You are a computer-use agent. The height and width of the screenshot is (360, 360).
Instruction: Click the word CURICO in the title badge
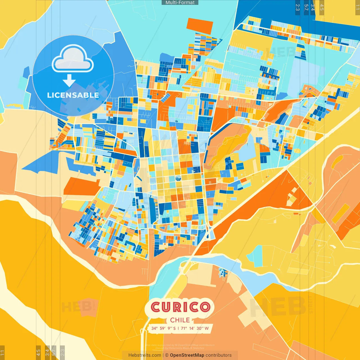tap(180, 307)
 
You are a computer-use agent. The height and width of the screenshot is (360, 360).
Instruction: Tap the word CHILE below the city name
tap(180, 320)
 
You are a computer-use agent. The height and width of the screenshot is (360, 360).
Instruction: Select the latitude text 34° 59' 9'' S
tap(163, 328)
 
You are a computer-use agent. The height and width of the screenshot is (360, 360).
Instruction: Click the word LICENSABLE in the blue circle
tap(73, 95)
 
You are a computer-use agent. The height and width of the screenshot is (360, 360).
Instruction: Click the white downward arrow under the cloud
tap(69, 81)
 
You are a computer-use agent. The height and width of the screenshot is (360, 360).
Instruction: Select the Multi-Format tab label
tap(180, 3)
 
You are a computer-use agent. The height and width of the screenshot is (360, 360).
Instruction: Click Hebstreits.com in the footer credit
tap(145, 355)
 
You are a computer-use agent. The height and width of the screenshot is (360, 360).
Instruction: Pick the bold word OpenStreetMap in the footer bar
tap(187, 355)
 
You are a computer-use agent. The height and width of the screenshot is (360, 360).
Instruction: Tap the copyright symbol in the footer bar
tap(167, 355)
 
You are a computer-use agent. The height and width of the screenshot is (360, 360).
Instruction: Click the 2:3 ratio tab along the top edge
tap(298, 7)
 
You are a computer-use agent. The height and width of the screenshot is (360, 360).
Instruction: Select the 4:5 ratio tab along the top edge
tap(322, 7)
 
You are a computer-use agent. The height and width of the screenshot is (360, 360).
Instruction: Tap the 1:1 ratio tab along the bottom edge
tap(2, 353)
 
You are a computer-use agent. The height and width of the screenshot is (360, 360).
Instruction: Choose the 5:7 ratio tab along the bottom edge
tap(54, 352)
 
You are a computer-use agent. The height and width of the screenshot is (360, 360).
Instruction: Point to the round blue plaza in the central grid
tap(178, 178)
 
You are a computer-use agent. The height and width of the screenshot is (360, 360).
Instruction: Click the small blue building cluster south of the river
tap(223, 273)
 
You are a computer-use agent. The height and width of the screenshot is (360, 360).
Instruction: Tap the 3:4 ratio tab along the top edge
tap(313, 7)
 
